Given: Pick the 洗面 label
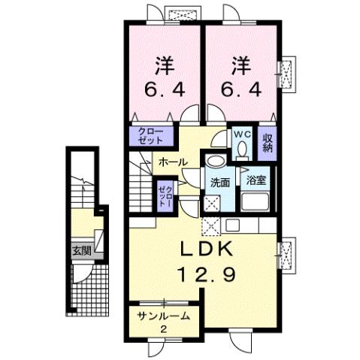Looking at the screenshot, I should (219, 183).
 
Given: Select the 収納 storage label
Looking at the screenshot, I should (267, 141).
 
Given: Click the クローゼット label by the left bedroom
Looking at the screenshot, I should (153, 136).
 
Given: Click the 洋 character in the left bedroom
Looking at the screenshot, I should (162, 64).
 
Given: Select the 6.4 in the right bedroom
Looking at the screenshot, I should (241, 91).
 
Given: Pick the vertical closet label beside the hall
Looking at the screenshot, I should (164, 193).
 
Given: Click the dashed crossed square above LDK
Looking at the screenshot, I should (211, 224).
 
